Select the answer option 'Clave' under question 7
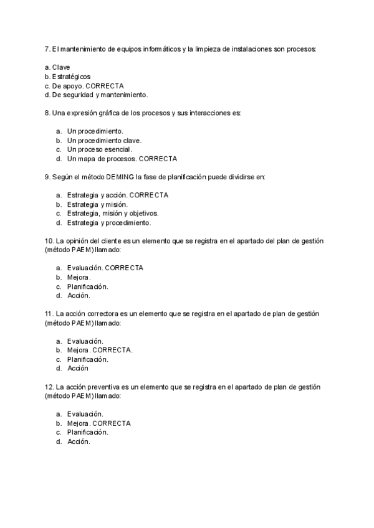tap(61, 67)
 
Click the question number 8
tap(47, 113)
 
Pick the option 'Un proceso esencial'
tap(99, 149)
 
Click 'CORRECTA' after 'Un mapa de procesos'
tap(158, 159)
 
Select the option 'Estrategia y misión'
tap(97, 204)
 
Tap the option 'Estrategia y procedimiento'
tap(108, 222)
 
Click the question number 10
tap(49, 240)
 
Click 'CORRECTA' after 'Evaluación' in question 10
tap(124, 268)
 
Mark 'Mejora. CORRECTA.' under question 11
tap(100, 350)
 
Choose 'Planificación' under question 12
tap(88, 432)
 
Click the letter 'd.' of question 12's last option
tap(59, 441)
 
